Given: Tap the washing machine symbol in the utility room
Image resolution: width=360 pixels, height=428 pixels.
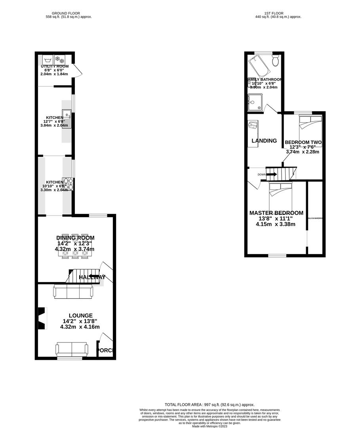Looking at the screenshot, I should tap(48, 59).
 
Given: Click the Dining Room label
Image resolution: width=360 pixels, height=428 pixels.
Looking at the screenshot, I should tap(75, 238).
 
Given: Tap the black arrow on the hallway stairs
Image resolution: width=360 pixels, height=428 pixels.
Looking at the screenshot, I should tap(94, 277).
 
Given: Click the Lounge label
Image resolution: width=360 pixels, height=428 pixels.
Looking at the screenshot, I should tap(80, 315).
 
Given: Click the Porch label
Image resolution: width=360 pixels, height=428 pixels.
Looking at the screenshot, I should tap(106, 350).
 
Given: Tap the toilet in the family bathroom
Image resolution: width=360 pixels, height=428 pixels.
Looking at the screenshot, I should tap(276, 61).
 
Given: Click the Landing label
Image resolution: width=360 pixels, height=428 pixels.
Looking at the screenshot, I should tap(264, 141).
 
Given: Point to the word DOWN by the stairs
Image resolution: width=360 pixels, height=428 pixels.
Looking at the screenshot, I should tap(261, 174).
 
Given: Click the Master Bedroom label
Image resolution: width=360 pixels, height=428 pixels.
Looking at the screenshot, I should tap(276, 213).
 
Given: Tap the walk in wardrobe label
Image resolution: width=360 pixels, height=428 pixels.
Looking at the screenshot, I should tap(315, 218).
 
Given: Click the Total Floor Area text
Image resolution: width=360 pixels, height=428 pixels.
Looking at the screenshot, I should tap(210, 405).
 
